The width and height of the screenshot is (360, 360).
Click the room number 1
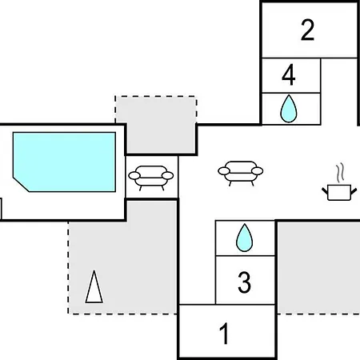coord(224,334)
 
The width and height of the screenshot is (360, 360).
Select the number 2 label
coord(307,30)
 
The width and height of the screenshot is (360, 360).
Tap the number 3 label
coord(244,282)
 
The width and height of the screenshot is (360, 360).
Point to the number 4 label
coord(289,74)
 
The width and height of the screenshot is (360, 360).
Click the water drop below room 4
coord(289,109)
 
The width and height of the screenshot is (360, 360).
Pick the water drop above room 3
coord(244,238)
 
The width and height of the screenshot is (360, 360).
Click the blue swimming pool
coord(64,162)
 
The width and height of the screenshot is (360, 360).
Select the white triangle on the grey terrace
coord(94,287)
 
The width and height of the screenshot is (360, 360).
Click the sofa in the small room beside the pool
coord(151,178)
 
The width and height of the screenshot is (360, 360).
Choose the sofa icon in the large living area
coord(241,173)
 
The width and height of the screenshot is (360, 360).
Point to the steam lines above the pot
coord(339,173)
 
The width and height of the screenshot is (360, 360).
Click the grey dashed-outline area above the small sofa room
coord(156,124)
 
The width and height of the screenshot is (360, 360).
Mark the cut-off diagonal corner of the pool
coord(21,184)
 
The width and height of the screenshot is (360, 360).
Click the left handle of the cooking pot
coord(325,191)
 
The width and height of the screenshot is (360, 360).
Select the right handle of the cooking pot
coord(354,191)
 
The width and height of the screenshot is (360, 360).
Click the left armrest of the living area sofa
coord(224,171)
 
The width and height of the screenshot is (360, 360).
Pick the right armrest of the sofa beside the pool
coord(168,176)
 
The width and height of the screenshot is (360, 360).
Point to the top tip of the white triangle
coord(94,270)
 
